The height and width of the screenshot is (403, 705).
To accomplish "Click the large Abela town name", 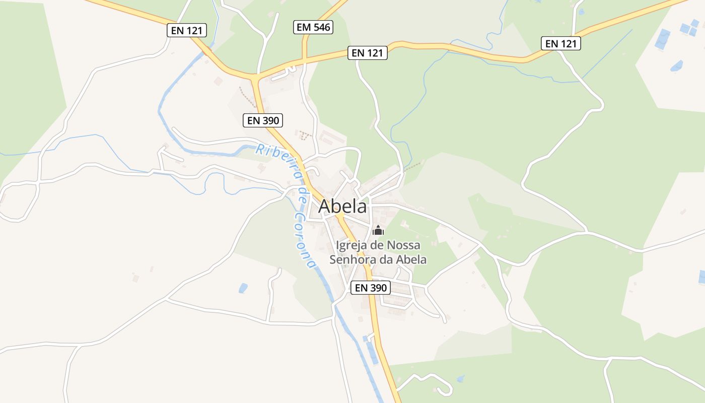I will (x=342, y=207).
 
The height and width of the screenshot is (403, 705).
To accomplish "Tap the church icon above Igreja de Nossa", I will (x=378, y=231).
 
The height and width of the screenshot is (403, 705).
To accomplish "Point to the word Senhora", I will (x=350, y=260).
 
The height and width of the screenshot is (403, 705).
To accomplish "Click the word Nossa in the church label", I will (x=404, y=245).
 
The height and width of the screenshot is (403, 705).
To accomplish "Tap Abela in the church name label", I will (x=411, y=260).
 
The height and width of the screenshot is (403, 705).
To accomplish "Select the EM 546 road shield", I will (x=313, y=27).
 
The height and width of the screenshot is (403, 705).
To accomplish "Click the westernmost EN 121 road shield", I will (x=186, y=30).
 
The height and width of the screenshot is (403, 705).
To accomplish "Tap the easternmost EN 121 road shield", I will (x=561, y=43).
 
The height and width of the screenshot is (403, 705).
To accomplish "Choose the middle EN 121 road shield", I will (x=368, y=52).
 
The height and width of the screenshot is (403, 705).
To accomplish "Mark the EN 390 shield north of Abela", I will (x=262, y=120).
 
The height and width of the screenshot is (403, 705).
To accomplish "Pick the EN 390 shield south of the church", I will (x=371, y=288).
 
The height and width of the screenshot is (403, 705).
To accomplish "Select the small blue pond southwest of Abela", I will (x=243, y=288).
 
